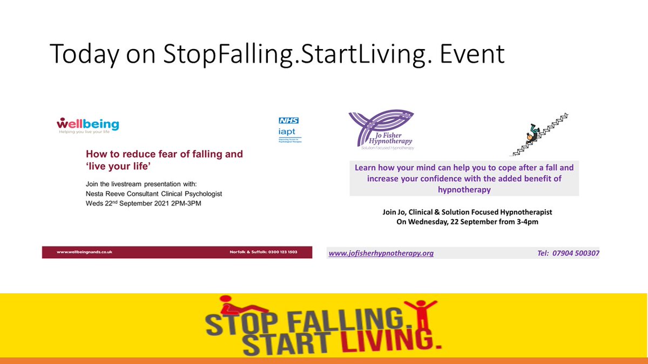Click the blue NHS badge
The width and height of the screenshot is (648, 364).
click(288, 120)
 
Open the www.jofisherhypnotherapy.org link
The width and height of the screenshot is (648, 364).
click(381, 253)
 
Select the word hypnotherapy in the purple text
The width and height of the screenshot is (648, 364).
click(463, 189)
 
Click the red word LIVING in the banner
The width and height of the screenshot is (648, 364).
click(377, 340)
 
